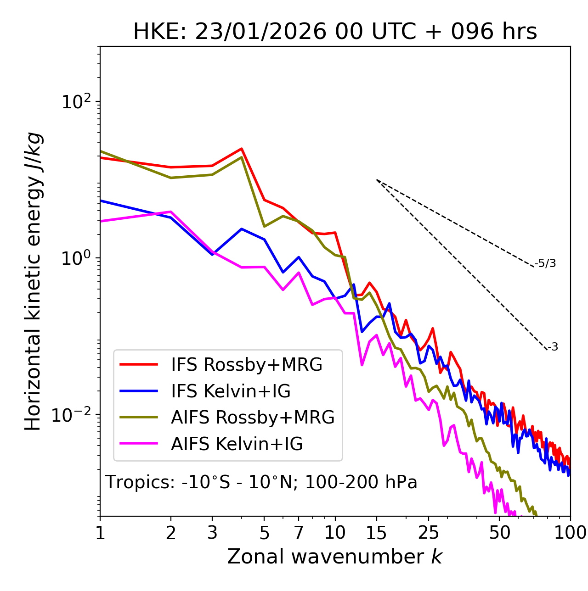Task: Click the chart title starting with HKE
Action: (335, 32)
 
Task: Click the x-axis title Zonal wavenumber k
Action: (334, 557)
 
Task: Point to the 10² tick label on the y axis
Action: (76, 102)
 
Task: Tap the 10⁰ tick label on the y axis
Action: (76, 258)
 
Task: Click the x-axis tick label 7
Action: (299, 533)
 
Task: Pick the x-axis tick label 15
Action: (376, 533)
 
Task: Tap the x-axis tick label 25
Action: (429, 533)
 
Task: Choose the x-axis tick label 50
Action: (499, 533)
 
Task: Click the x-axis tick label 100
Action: (570, 533)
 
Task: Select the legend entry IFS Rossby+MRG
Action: (247, 365)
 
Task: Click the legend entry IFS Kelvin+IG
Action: (231, 391)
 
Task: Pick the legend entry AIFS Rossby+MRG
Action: (253, 418)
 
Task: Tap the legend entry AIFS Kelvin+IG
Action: (237, 444)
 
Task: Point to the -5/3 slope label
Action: (545, 264)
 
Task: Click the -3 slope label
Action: (553, 347)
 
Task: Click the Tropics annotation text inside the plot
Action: (261, 482)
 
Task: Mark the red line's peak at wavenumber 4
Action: (242, 149)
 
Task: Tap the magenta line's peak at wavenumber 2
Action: (171, 212)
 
